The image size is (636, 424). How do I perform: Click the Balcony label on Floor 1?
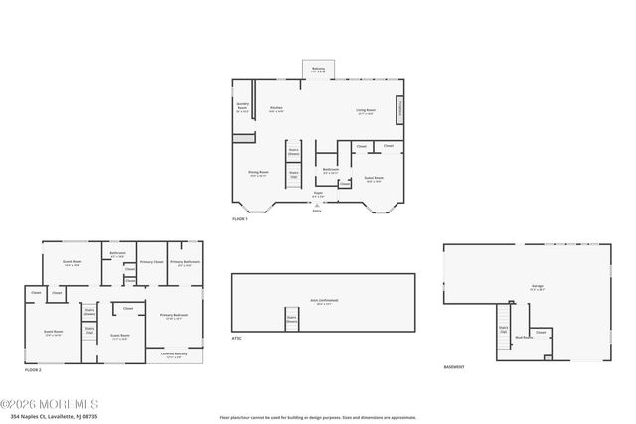coord(318,70)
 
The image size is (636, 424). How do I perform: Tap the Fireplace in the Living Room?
coord(400,109)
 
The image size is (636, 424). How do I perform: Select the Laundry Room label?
coord(242,106)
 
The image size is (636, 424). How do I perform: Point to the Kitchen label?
coord(277,109)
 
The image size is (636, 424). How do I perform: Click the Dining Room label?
coord(258,173)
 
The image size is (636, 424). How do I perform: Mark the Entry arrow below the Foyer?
coord(318,206)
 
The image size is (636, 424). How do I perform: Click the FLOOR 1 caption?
coord(239,217)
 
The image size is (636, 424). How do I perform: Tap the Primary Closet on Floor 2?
coord(151,262)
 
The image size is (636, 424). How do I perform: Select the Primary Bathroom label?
coord(184,263)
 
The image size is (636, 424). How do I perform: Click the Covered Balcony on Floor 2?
coord(173,355)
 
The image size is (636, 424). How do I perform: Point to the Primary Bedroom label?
coord(172,317)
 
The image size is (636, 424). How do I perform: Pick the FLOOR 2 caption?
coord(34,368)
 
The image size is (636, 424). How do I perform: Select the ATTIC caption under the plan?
coord(237,339)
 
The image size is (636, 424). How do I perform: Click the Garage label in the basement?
coord(537,286)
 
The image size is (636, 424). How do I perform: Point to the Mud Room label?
coord(523,337)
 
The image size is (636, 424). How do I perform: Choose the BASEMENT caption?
coord(454,367)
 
